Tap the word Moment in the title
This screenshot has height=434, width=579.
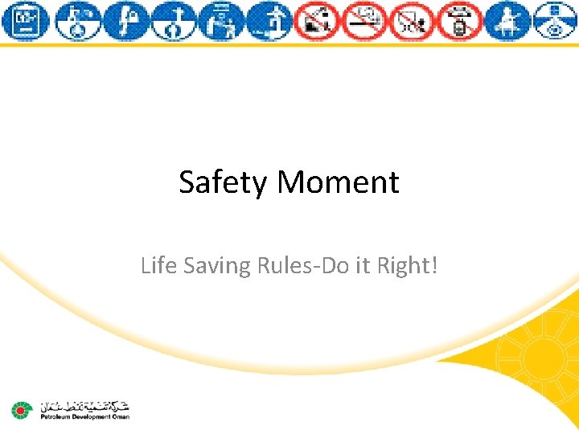(x=338, y=182)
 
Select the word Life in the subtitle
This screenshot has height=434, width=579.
(x=158, y=264)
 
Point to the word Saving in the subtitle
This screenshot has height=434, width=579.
(x=217, y=264)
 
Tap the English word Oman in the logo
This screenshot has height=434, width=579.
(x=121, y=417)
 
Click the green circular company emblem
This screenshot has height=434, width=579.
(x=21, y=411)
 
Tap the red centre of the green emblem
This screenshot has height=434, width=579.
(x=21, y=411)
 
